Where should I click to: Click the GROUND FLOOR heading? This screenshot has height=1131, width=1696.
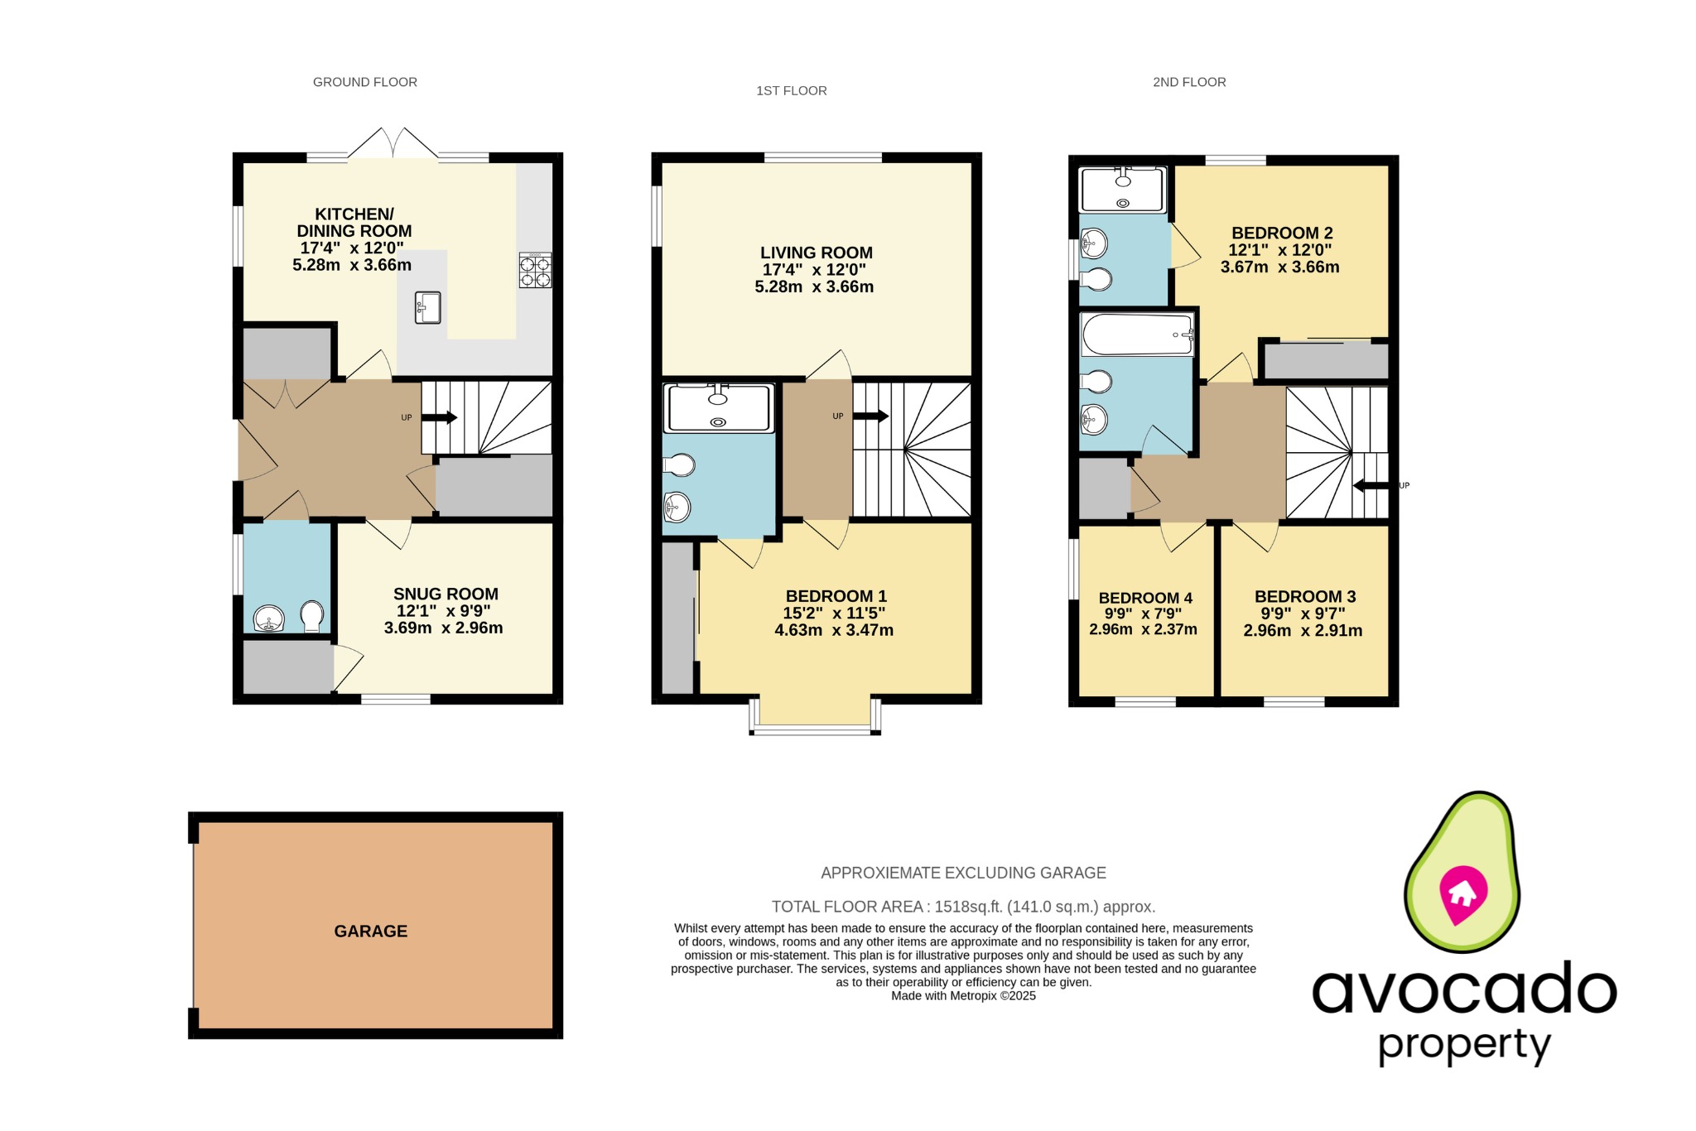(364, 82)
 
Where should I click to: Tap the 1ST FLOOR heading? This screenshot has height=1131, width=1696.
(791, 91)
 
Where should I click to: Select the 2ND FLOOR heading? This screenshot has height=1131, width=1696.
(1188, 82)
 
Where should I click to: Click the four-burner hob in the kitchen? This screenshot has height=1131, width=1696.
(535, 271)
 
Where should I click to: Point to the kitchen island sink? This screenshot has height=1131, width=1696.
(427, 308)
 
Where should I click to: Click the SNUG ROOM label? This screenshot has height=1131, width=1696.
(446, 594)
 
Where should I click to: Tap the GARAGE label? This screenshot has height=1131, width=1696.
(370, 931)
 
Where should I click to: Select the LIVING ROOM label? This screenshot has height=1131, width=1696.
(816, 253)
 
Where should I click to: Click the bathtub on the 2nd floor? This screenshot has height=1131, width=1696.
(1136, 334)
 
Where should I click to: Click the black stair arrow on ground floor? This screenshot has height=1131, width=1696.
(440, 418)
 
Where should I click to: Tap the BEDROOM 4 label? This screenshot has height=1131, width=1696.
(1144, 598)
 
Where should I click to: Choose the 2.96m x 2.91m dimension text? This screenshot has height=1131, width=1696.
(1302, 630)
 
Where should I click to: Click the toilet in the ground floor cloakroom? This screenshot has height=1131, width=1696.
(311, 615)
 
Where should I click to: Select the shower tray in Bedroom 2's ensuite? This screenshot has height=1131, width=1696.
(1122, 190)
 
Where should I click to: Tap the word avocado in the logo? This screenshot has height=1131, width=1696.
(1463, 989)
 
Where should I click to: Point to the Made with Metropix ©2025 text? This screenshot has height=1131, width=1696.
(963, 996)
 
